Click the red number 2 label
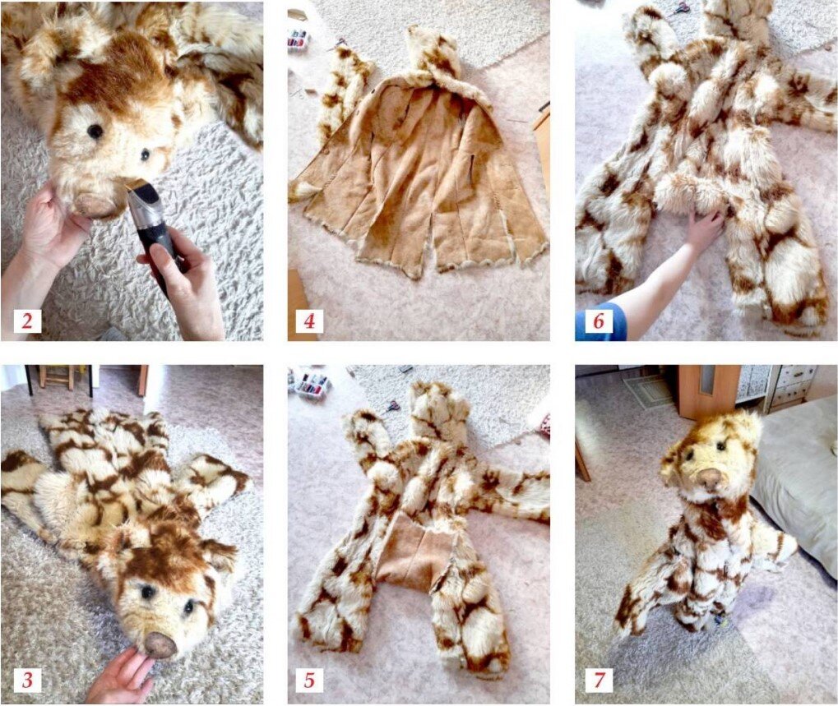click(26, 321)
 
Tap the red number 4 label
click(309, 321)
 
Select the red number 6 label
click(598, 321)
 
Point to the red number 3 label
click(26, 680)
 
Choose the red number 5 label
click(309, 680)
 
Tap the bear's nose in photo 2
click(95, 205)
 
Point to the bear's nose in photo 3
click(160, 644)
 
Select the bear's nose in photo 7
click(711, 478)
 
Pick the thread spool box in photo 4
click(299, 38)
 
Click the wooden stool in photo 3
click(56, 377)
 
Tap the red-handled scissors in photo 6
click(681, 8)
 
